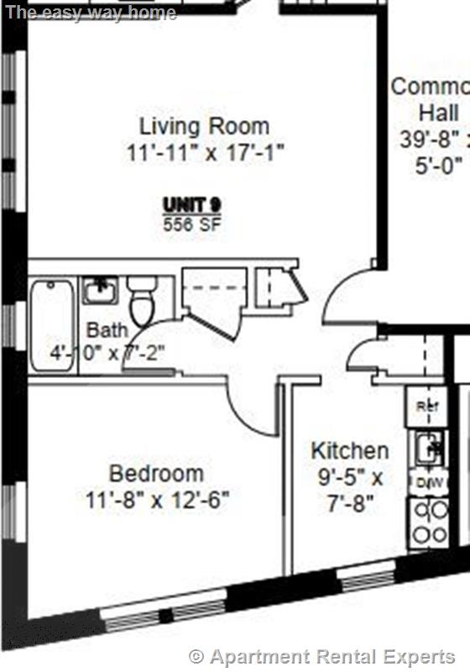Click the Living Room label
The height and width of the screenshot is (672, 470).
pyautogui.click(x=204, y=127)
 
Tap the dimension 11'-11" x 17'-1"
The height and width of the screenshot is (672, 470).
pyautogui.click(x=206, y=153)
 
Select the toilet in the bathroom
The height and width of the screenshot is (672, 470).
pyautogui.click(x=141, y=301)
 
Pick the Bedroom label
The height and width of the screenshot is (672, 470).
pyautogui.click(x=156, y=473)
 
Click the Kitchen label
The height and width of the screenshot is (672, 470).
pyautogui.click(x=349, y=450)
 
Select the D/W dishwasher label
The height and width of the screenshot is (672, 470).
pyautogui.click(x=428, y=483)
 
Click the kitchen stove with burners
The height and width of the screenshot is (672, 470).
pyautogui.click(x=428, y=521)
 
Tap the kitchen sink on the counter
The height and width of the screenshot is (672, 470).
pyautogui.click(x=430, y=445)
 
